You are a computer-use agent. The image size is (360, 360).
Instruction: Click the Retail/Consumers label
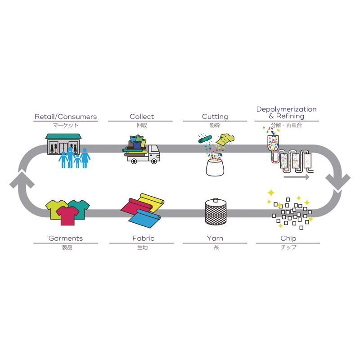pos(66,117)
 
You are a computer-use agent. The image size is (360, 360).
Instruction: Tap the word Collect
pos(142,117)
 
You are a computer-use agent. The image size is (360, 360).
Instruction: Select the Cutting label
pos(215,117)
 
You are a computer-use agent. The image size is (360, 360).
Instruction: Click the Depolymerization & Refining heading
pos(286,112)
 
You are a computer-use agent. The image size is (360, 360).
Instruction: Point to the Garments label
pos(66,238)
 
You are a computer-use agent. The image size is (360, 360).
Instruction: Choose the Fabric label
pos(142,238)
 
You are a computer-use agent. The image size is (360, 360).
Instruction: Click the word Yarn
pos(215,238)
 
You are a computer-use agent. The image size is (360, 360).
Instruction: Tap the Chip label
pos(288,238)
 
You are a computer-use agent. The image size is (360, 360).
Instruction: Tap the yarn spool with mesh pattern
pos(215,211)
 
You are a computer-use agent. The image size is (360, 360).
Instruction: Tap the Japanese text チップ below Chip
pos(288,247)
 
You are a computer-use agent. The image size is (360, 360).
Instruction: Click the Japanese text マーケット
pos(66,125)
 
